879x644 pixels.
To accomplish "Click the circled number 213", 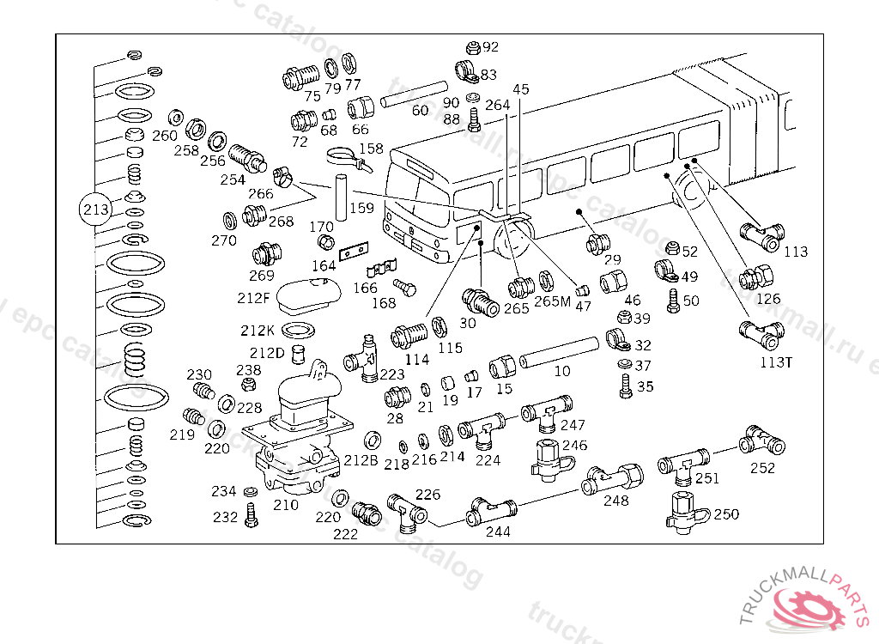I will (x=96, y=209).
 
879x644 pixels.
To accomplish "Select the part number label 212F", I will (x=254, y=299).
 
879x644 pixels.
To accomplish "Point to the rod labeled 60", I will (x=415, y=94).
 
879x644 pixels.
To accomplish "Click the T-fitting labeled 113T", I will (x=761, y=331).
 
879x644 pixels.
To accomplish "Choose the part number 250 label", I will (x=726, y=514).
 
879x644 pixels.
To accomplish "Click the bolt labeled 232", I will (x=251, y=514).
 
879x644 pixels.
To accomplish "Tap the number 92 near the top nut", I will (x=490, y=47).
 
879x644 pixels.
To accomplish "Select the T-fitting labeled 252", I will (x=762, y=440).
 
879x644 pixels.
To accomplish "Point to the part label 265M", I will (x=552, y=301).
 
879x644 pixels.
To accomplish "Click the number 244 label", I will (x=498, y=532).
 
